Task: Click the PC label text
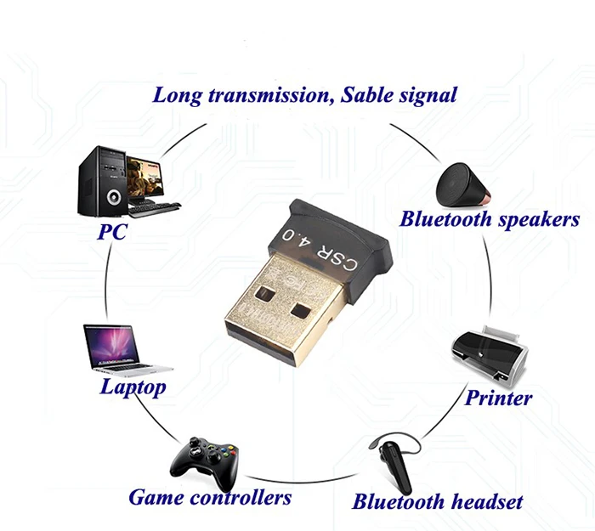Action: [112, 230]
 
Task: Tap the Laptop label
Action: [133, 387]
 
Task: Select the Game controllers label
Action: [210, 496]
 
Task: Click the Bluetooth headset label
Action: [438, 500]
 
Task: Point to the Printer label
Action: [498, 397]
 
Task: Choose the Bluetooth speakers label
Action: [490, 219]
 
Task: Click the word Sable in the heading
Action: [368, 93]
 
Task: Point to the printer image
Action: [488, 351]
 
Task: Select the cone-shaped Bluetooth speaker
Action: [462, 182]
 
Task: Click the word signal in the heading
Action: [430, 94]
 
